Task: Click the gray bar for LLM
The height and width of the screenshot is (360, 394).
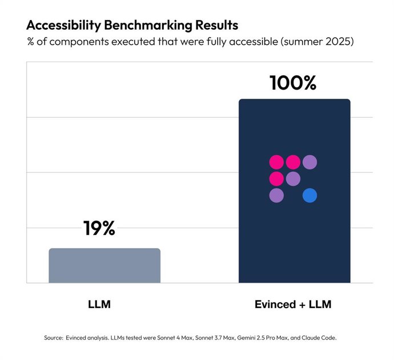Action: pyautogui.click(x=104, y=265)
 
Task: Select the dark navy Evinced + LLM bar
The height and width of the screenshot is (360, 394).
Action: pyautogui.click(x=294, y=240)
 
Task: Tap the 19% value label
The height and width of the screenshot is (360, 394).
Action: pyautogui.click(x=99, y=229)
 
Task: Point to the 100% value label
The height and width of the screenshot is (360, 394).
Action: pyautogui.click(x=293, y=83)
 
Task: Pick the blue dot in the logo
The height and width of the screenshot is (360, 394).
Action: pyautogui.click(x=309, y=196)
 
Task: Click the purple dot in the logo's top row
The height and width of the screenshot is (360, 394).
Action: pyautogui.click(x=309, y=162)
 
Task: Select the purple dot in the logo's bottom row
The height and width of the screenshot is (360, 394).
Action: pyautogui.click(x=276, y=196)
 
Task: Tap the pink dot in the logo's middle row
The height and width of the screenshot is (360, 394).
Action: pyautogui.click(x=276, y=179)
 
